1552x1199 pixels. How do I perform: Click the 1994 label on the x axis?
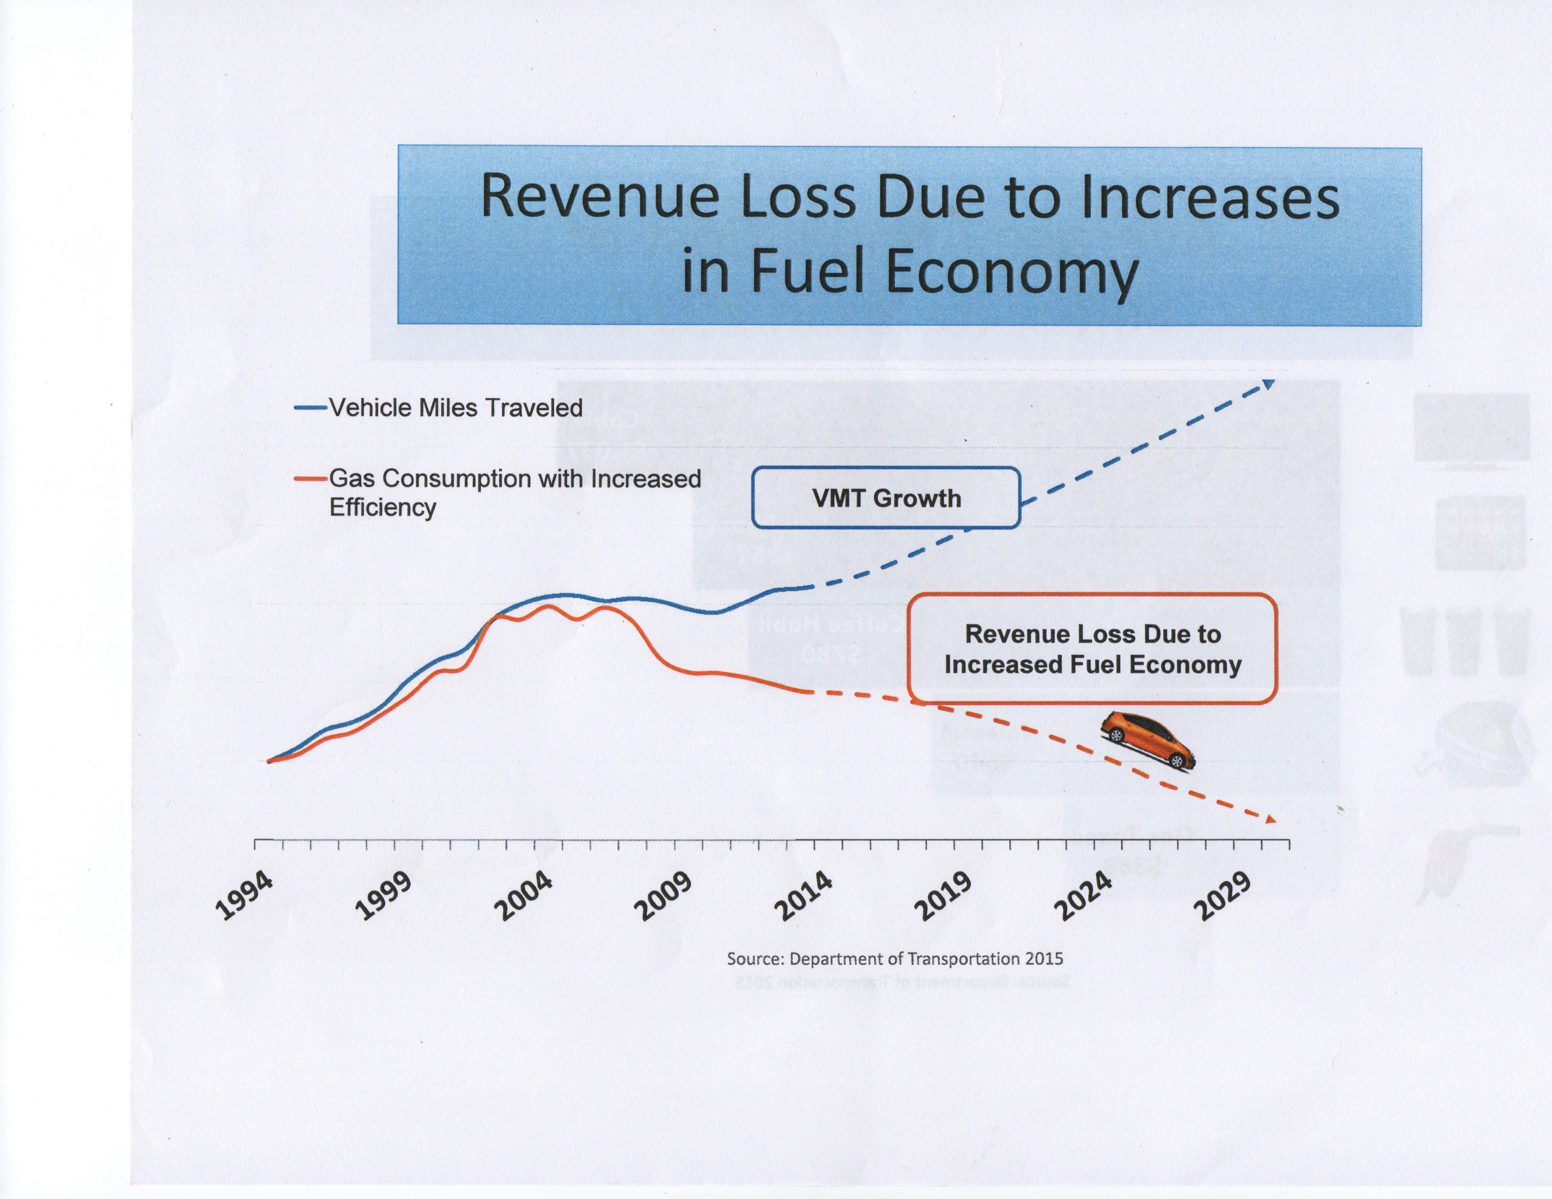[x=244, y=896]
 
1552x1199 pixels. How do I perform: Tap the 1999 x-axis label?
[x=384, y=896]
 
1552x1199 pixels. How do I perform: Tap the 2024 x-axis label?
[x=1084, y=896]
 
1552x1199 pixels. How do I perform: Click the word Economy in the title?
[x=1012, y=271]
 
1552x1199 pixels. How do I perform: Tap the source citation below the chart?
[x=895, y=959]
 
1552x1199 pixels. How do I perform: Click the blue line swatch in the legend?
[x=310, y=408]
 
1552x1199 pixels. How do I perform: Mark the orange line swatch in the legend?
[x=310, y=479]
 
